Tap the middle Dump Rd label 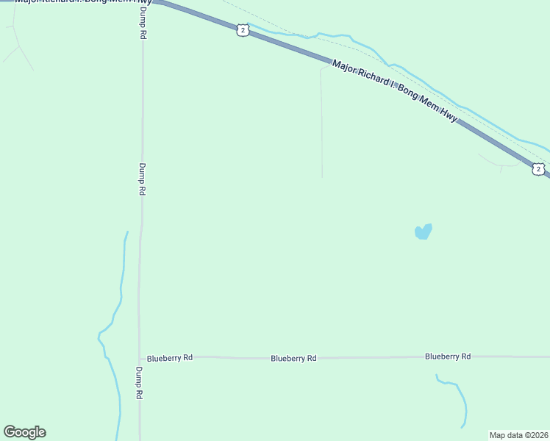click(142, 179)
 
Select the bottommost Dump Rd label click(139, 382)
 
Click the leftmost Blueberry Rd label click(169, 358)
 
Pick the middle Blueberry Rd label click(293, 359)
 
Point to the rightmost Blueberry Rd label click(447, 356)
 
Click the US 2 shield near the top click(243, 29)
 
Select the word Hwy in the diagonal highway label click(448, 114)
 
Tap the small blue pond click(423, 232)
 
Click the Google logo click(24, 432)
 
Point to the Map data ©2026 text click(519, 435)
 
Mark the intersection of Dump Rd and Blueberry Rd click(139, 356)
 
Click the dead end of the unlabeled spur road click(322, 176)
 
